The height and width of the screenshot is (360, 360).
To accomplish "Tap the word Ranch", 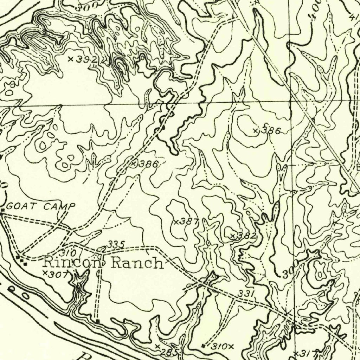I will [137, 263].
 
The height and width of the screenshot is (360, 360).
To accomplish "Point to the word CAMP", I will [59, 206].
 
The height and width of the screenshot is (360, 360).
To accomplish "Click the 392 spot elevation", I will [83, 59].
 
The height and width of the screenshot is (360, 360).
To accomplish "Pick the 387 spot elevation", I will [187, 221].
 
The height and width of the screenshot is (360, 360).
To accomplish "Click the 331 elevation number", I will [245, 293].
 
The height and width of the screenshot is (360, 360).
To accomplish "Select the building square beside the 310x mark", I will [203, 346].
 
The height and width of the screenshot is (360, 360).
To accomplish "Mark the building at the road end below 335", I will [97, 321].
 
